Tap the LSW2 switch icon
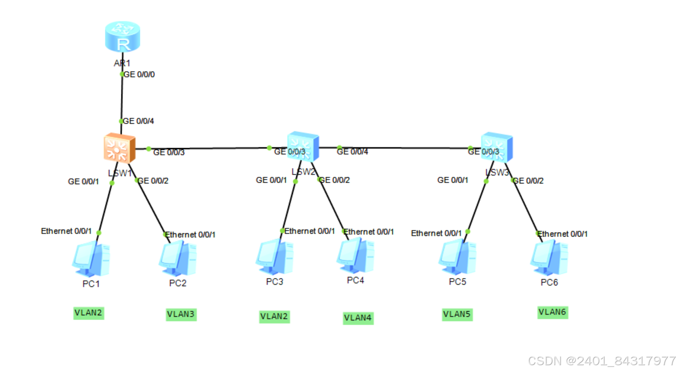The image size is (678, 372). [x=303, y=146]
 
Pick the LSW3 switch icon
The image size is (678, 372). [x=496, y=147]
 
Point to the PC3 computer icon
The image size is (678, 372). [x=274, y=257]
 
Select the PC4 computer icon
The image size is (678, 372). [x=356, y=255]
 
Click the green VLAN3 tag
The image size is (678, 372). [x=181, y=314]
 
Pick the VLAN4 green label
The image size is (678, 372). [x=358, y=318]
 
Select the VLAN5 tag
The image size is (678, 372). [x=457, y=314]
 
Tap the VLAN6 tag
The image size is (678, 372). [x=552, y=312]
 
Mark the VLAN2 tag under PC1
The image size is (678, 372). [x=88, y=313]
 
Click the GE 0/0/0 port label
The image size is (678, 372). [x=139, y=75]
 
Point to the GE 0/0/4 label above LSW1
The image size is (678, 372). [x=138, y=121]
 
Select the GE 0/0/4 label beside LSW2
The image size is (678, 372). [x=352, y=152]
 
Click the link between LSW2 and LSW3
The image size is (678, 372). [x=403, y=148]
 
